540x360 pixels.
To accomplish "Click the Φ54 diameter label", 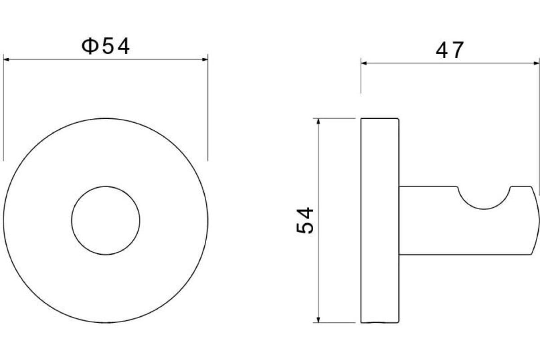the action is click(x=106, y=46).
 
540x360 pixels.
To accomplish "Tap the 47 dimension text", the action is click(x=450, y=50).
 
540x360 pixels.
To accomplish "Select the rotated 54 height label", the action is click(x=305, y=220).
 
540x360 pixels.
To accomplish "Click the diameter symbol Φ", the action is click(x=90, y=46).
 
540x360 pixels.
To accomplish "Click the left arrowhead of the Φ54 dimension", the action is click(x=6, y=59).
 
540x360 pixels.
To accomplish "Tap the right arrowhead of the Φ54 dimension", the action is click(x=205, y=59).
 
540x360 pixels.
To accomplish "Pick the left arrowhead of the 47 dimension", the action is click(x=364, y=63).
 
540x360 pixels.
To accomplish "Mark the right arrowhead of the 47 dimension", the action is click(x=536, y=63).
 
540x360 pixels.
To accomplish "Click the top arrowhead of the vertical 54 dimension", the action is click(x=319, y=121).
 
